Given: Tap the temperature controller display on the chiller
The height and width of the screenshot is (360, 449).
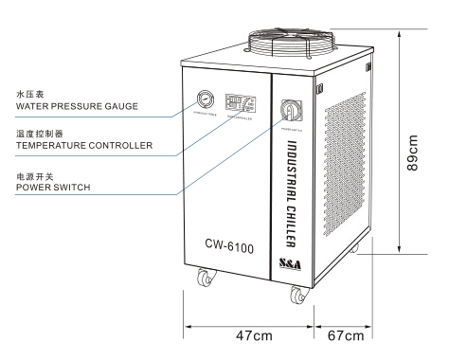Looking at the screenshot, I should click(239, 100).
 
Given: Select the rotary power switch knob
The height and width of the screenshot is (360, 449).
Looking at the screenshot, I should click(288, 110).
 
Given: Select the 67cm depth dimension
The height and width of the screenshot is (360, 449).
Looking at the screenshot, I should click(347, 336).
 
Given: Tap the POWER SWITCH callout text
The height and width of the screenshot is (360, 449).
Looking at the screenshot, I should click(46, 188).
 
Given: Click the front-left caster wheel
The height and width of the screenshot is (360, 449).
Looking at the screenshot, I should click(204, 280).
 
